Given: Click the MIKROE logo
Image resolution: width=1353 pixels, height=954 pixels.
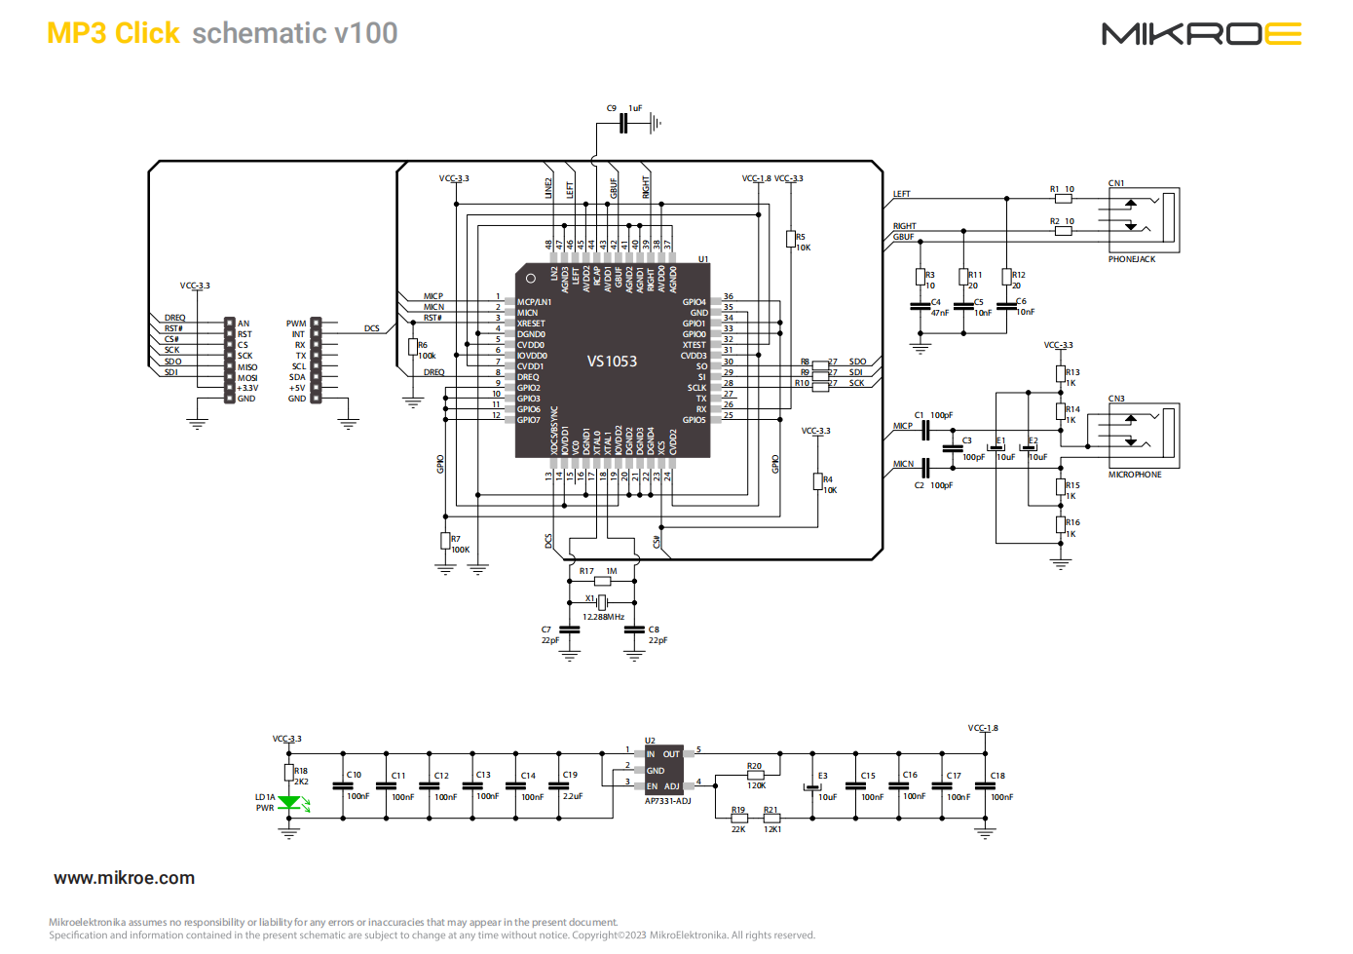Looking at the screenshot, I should (x=1201, y=34).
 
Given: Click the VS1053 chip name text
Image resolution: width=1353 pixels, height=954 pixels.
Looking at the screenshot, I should (x=612, y=362).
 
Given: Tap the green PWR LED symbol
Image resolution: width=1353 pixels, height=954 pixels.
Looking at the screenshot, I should (x=289, y=803).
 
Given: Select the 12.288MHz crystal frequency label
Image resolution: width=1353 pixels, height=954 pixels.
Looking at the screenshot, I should (x=603, y=617).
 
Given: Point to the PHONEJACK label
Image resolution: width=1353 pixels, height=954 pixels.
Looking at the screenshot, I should (x=1132, y=259).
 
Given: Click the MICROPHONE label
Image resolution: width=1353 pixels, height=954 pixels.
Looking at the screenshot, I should (x=1135, y=475).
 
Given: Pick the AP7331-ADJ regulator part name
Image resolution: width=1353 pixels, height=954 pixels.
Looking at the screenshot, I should (x=667, y=801).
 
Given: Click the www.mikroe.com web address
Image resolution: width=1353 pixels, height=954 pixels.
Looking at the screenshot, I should (x=124, y=878).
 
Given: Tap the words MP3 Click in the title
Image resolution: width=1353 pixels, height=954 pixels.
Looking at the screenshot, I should (x=113, y=33).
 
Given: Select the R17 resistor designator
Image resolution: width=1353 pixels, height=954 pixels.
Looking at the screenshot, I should (x=586, y=571).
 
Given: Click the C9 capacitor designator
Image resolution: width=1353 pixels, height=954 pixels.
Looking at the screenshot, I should (x=612, y=108).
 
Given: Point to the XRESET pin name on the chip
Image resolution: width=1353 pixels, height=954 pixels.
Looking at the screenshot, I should (x=531, y=324).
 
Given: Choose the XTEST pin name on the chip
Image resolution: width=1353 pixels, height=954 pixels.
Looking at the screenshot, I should (x=695, y=345).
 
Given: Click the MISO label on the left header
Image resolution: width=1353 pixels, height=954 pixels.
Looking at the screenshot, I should (x=247, y=367).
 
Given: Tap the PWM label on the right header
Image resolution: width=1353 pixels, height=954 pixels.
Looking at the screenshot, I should (x=296, y=324).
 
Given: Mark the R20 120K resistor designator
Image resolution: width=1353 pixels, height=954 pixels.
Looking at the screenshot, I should (x=754, y=766).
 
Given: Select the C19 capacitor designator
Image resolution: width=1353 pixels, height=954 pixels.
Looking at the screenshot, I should (x=570, y=775).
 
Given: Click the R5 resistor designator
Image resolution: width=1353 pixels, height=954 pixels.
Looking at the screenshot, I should (x=801, y=237).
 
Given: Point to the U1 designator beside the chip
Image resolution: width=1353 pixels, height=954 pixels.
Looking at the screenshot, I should (x=703, y=259).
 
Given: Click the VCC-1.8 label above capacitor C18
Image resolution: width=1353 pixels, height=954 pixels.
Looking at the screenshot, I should (x=983, y=728).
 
